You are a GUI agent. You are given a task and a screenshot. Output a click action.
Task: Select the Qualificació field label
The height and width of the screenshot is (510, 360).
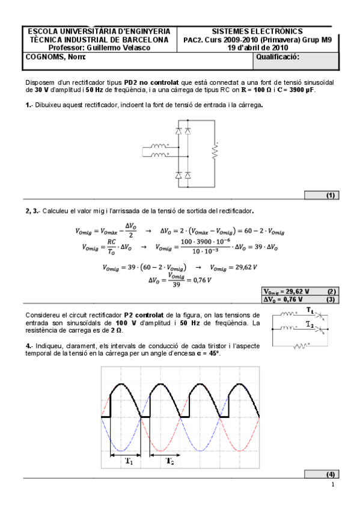point(277,57)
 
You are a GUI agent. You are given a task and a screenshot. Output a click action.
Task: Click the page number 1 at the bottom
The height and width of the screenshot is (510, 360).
point(332,485)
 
